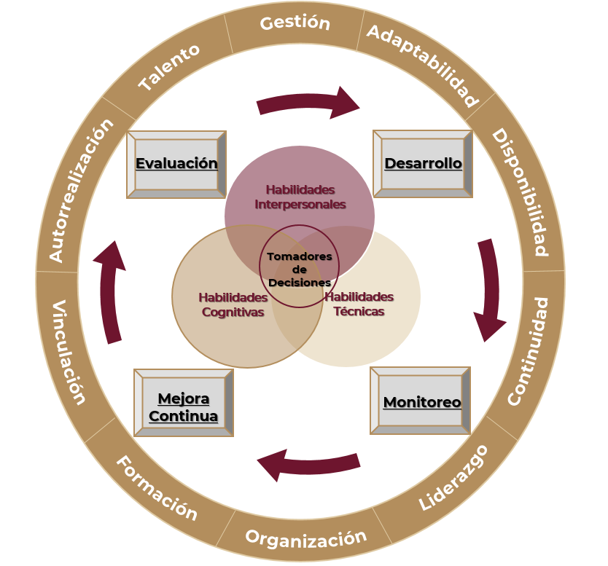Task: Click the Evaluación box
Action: click(x=176, y=164)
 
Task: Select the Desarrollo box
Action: click(x=423, y=163)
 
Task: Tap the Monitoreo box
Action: click(x=421, y=401)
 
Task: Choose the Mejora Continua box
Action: click(x=184, y=407)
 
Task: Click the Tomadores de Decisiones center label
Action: click(x=299, y=269)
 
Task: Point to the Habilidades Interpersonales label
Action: click(x=300, y=197)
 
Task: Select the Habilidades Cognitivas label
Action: click(x=233, y=304)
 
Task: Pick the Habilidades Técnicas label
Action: click(x=359, y=304)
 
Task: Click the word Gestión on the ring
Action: click(x=295, y=23)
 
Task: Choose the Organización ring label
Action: click(x=305, y=538)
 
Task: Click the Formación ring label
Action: click(x=156, y=488)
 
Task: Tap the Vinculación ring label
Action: click(x=69, y=352)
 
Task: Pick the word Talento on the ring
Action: click(x=169, y=68)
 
